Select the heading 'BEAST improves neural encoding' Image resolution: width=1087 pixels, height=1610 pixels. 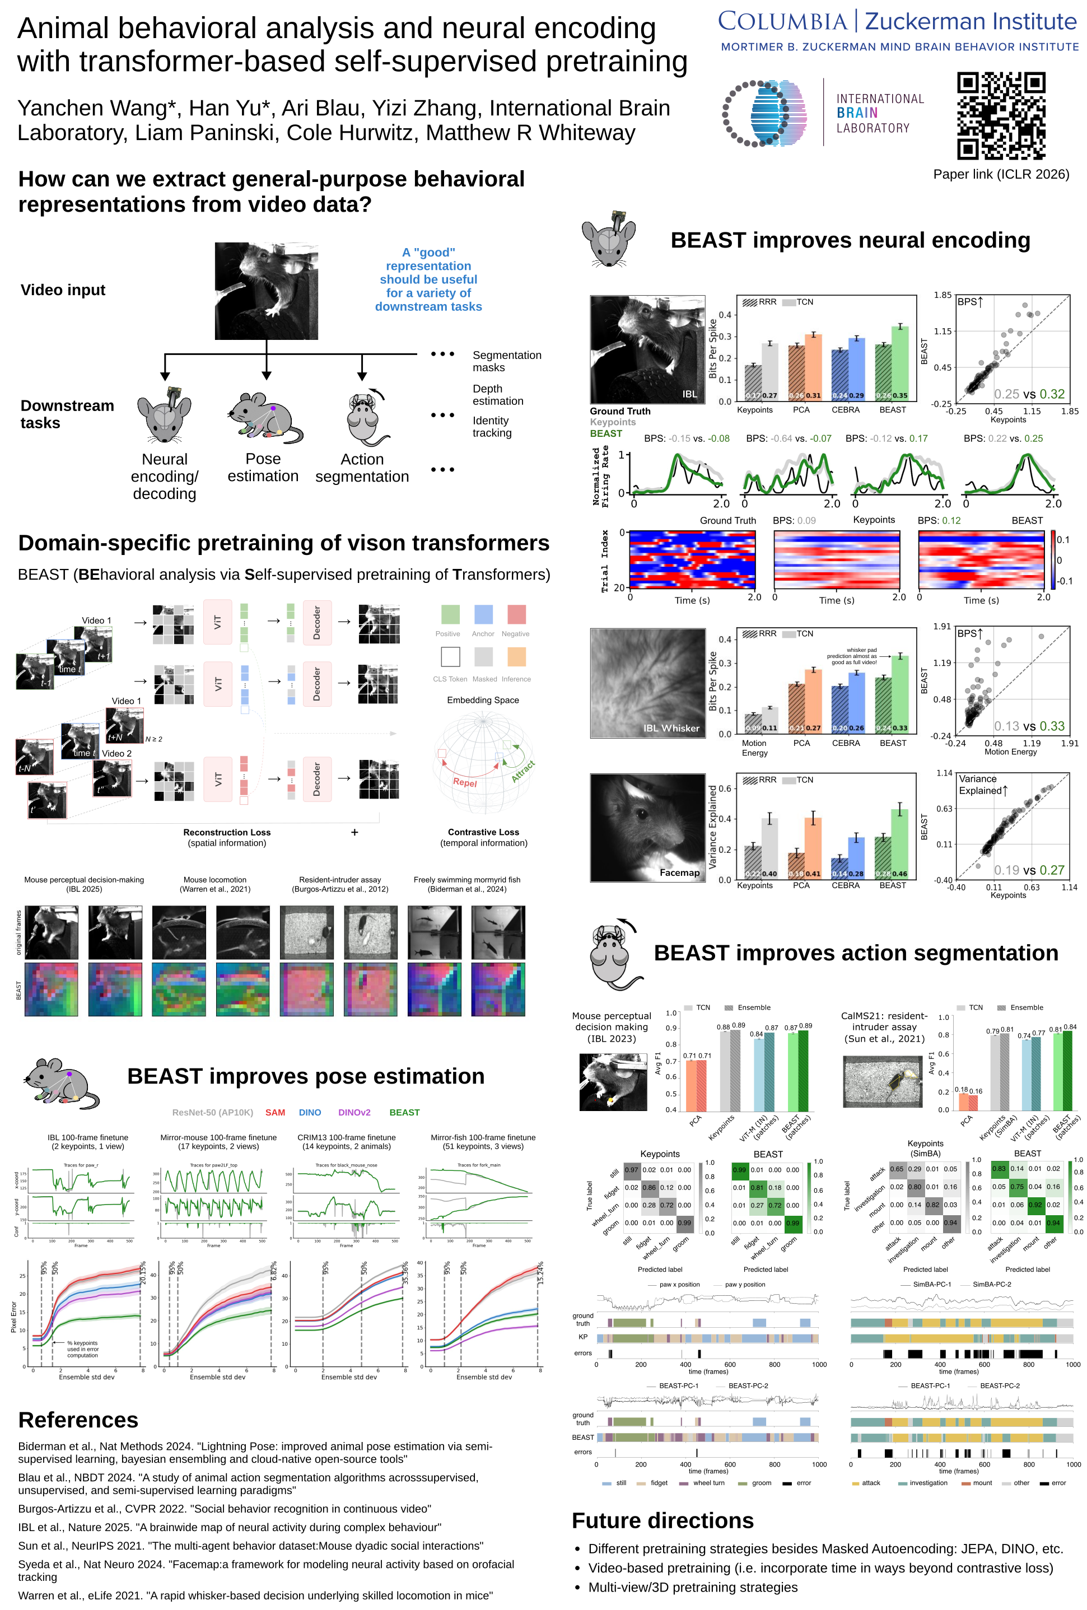(850, 240)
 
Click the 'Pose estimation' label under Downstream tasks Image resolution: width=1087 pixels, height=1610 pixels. (263, 468)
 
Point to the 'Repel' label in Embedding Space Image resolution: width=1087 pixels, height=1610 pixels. (465, 782)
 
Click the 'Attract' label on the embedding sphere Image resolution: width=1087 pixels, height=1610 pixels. (523, 771)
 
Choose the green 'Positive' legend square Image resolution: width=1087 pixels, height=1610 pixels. (450, 614)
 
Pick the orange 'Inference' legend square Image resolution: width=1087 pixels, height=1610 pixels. (516, 656)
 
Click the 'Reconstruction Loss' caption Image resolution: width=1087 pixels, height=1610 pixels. (227, 832)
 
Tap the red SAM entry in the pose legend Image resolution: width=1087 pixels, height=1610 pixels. (275, 1112)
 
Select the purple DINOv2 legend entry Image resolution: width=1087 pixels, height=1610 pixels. (354, 1112)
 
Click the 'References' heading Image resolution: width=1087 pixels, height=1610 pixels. (78, 1420)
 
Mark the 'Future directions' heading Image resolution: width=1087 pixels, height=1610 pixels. (663, 1520)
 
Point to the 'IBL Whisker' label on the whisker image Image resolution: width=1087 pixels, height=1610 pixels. (671, 728)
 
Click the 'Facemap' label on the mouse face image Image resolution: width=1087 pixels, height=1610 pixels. (679, 872)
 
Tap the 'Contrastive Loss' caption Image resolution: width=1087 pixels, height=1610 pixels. (483, 832)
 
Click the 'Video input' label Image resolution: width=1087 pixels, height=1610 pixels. (63, 290)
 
